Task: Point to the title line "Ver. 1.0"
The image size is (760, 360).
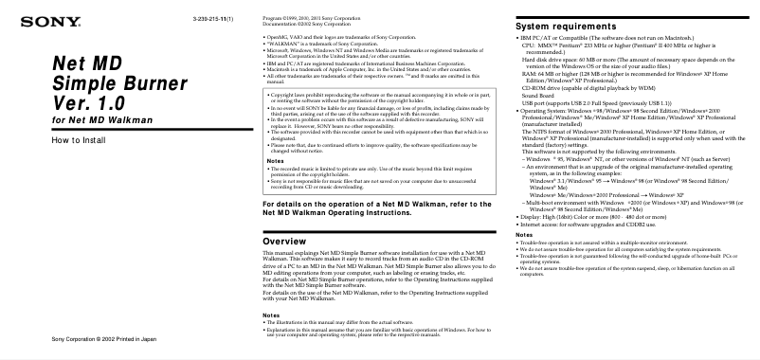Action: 90,101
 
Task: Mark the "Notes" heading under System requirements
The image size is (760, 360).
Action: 523,234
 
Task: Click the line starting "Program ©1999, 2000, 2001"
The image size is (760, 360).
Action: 317,18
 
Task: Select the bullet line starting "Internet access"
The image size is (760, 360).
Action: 588,223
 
